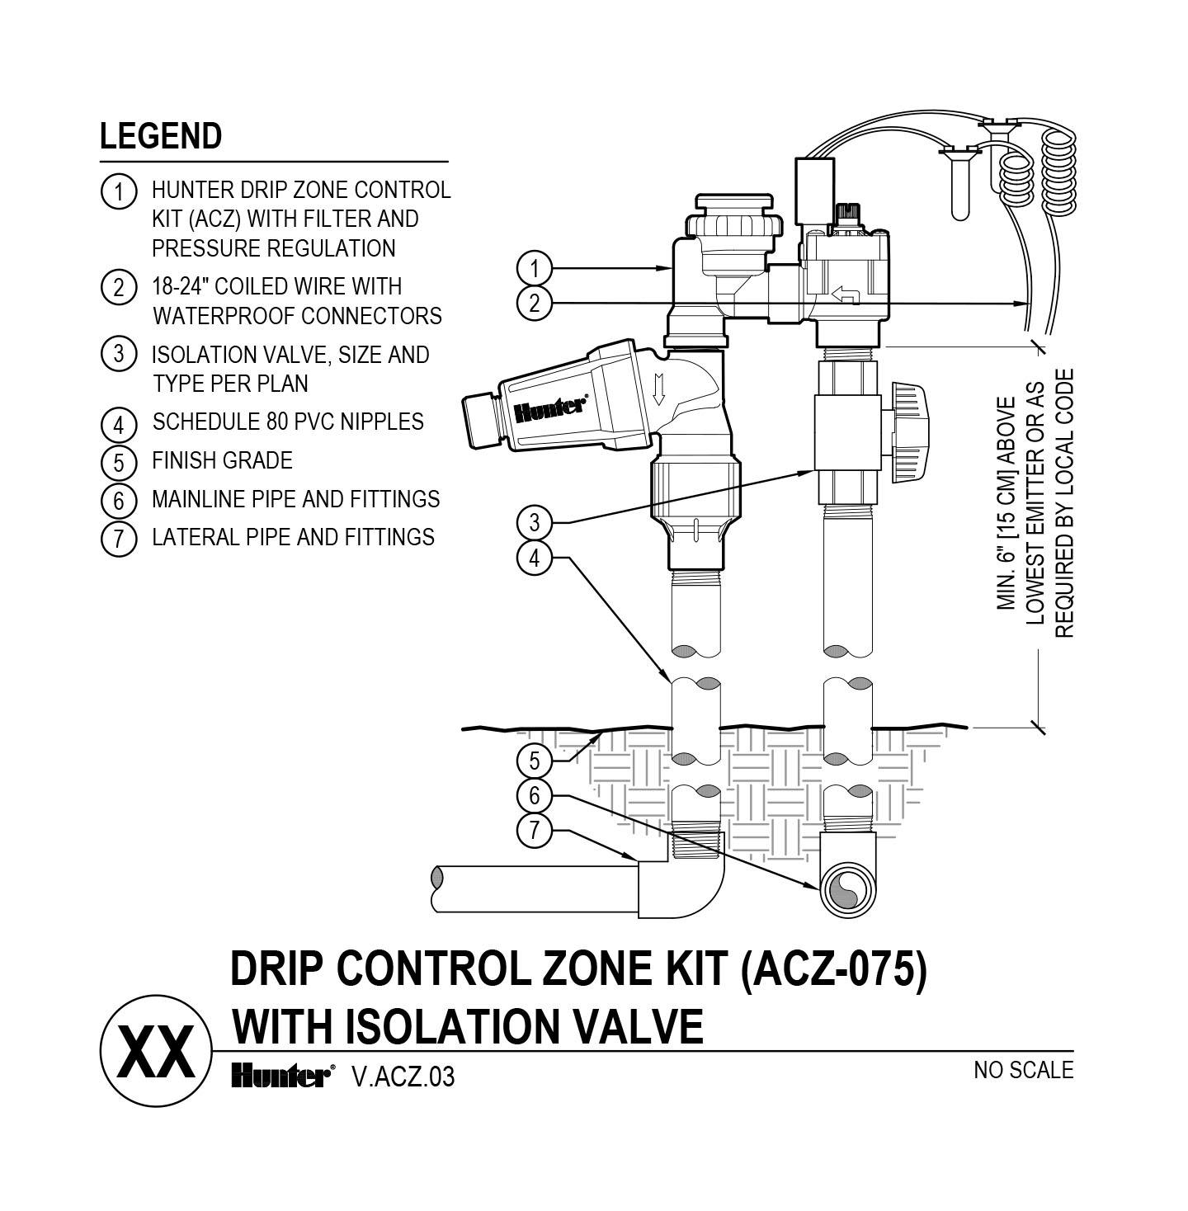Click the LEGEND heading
click(161, 136)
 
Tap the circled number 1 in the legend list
click(118, 192)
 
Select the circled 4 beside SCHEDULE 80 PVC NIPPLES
click(119, 425)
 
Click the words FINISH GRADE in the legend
click(222, 460)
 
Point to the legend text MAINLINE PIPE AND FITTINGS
click(295, 499)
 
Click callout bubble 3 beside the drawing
click(535, 522)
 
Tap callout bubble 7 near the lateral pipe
click(535, 830)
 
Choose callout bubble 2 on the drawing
click(535, 304)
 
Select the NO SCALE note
click(1023, 1071)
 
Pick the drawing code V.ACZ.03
click(403, 1077)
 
